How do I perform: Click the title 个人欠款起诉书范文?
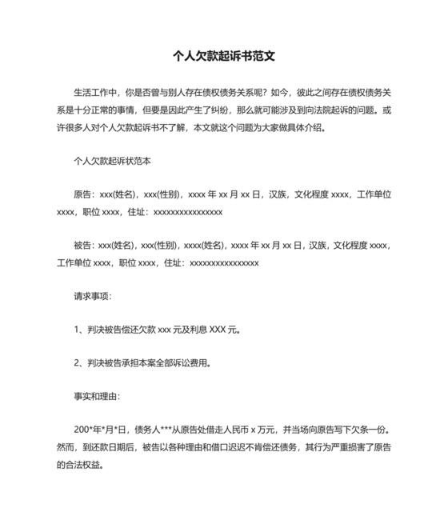pos(224,57)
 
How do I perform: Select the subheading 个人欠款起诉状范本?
pos(112,161)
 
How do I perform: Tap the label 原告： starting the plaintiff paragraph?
pos(85,194)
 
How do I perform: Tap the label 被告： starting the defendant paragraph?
pos(85,245)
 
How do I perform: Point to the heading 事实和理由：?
pos(97,396)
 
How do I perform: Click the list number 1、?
pos(80,329)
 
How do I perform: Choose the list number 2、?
pos(80,362)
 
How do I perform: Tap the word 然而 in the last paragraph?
pos(66,446)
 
